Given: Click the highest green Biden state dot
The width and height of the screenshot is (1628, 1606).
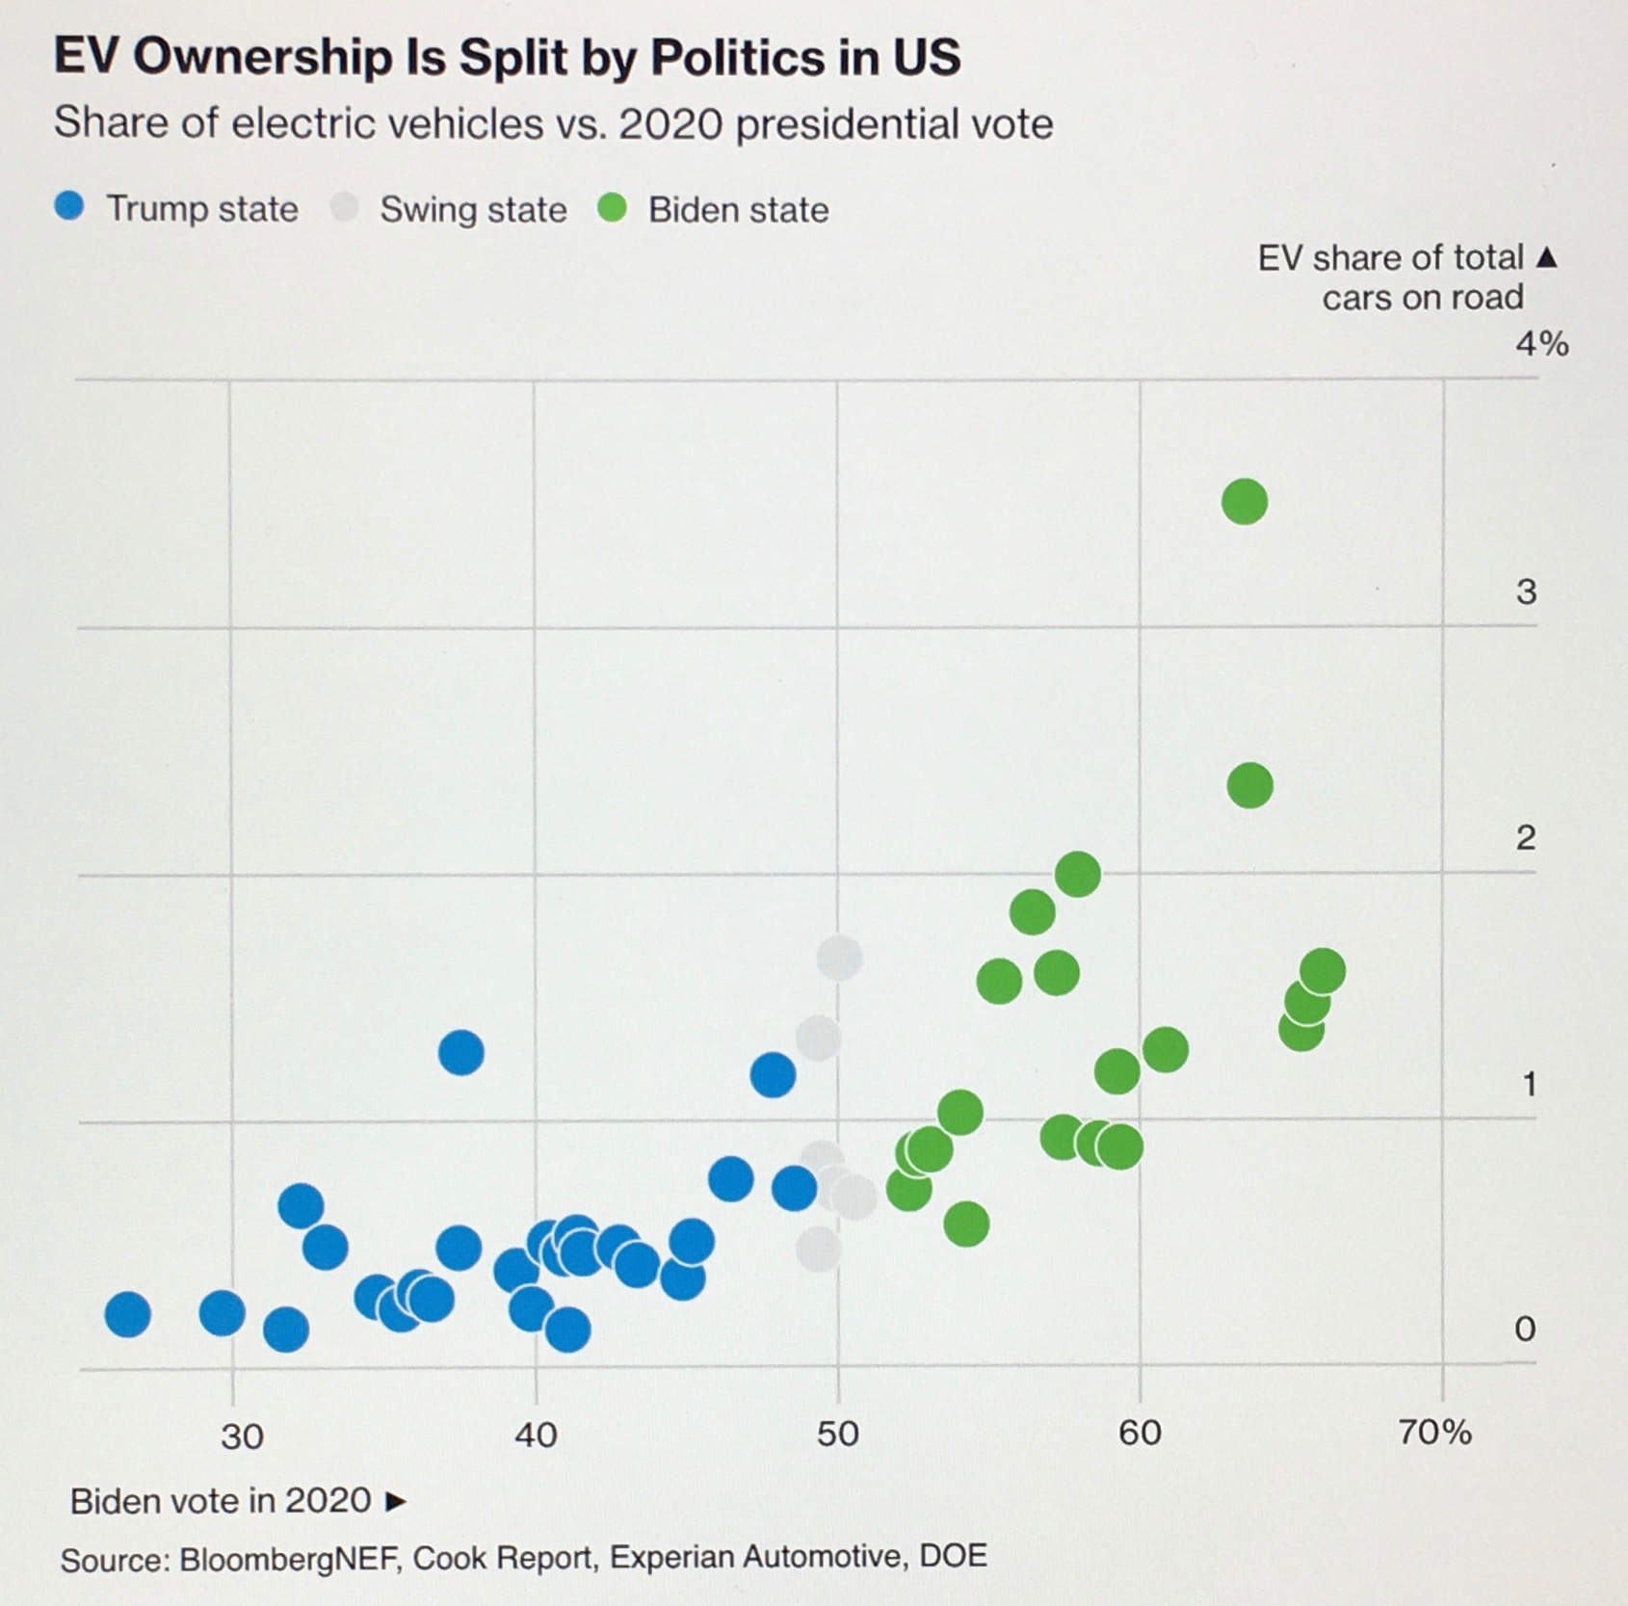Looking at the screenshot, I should [x=1244, y=502].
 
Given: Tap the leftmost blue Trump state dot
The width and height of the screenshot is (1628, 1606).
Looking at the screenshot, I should [x=128, y=1314].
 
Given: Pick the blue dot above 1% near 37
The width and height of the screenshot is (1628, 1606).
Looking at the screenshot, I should [x=461, y=1052].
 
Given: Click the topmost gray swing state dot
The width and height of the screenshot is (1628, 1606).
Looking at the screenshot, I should [x=839, y=958].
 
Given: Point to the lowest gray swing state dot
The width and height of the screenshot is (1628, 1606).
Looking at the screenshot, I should [x=818, y=1250].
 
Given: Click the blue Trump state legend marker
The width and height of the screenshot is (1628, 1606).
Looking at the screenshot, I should [x=69, y=207].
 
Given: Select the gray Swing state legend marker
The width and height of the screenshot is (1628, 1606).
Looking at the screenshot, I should [x=344, y=207].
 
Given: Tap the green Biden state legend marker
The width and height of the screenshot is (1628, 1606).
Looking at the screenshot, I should [x=613, y=207].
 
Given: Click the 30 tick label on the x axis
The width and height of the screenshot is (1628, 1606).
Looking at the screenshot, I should [x=241, y=1435].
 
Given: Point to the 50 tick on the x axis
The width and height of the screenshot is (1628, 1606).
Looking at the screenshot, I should [x=837, y=1434].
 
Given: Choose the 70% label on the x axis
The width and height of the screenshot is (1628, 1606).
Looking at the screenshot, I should [x=1434, y=1433].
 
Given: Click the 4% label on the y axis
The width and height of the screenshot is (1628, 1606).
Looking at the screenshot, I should [x=1541, y=344].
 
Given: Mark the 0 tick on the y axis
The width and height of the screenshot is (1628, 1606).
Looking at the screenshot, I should [x=1524, y=1329].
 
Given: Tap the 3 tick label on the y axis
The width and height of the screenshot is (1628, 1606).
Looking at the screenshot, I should [x=1526, y=592].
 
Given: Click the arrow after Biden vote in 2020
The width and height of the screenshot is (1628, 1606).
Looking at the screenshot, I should [x=395, y=1501].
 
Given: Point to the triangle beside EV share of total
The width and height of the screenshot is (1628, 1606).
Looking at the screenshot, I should [x=1546, y=257].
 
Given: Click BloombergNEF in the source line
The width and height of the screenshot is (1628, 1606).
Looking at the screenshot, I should [x=289, y=1558].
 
